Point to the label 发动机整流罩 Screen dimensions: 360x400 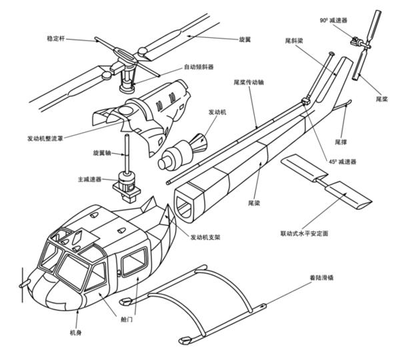tap(47, 139)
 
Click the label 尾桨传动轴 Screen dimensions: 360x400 tap(249, 83)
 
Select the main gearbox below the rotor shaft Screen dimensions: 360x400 tap(126, 184)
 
